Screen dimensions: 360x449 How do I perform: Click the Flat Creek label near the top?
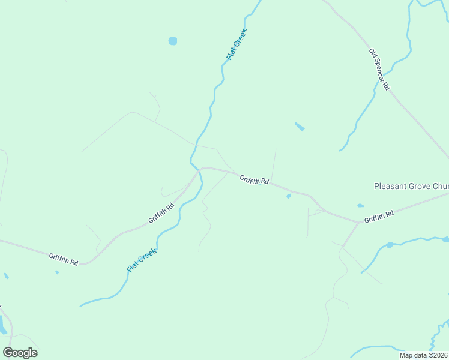(x=237, y=44)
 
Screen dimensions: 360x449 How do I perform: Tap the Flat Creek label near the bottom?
(x=142, y=260)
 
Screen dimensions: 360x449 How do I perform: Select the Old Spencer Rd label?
(x=379, y=70)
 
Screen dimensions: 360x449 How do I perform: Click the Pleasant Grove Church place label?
(x=411, y=187)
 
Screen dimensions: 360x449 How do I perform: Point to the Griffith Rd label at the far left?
(x=64, y=259)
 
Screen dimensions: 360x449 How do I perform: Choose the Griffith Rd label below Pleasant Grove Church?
(x=379, y=216)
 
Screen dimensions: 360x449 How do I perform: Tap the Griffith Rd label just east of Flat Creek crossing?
(x=254, y=179)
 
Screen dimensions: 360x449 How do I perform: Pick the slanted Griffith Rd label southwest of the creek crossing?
(x=161, y=213)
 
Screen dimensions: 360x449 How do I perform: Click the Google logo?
(x=20, y=353)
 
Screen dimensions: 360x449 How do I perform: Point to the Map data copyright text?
(x=424, y=355)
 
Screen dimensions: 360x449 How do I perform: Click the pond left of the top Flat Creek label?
(x=173, y=41)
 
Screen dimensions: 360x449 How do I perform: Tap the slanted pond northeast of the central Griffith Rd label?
(x=300, y=127)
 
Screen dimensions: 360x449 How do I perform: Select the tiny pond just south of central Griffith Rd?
(x=289, y=196)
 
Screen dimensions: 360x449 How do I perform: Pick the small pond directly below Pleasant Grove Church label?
(x=360, y=206)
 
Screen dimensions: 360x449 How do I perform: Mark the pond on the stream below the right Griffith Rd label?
(x=390, y=245)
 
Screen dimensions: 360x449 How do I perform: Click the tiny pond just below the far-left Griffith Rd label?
(x=57, y=272)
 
